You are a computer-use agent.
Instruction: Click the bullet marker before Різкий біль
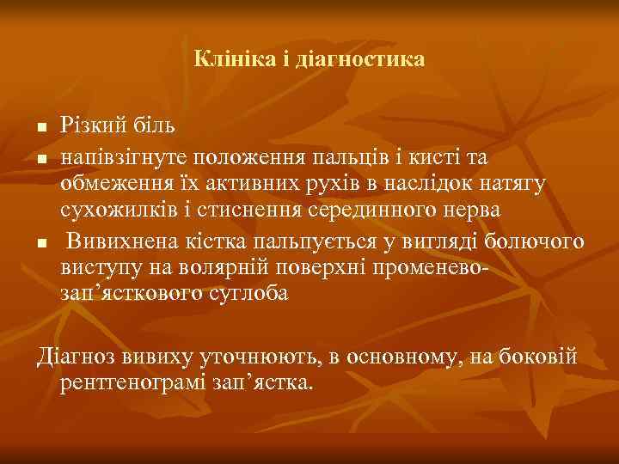(40, 129)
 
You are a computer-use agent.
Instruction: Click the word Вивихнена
(122, 240)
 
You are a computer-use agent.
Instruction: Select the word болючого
(535, 240)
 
